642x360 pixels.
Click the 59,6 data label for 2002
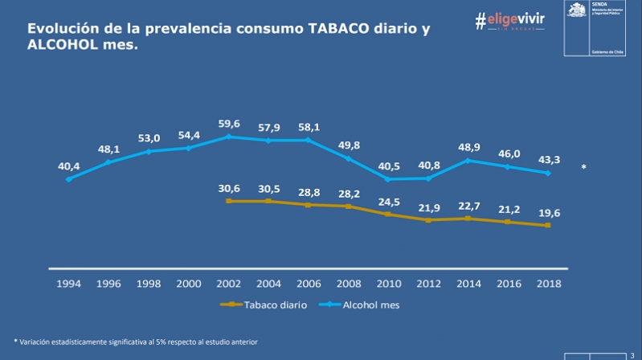[x=229, y=124]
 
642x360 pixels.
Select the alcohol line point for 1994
[x=68, y=179]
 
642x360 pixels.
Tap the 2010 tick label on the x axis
[x=388, y=284]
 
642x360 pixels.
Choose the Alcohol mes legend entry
[x=359, y=305]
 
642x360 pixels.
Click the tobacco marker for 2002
[x=229, y=201]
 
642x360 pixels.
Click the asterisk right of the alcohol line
[x=584, y=169]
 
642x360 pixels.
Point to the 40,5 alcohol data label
[x=388, y=166]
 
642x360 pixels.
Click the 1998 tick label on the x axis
[x=149, y=284]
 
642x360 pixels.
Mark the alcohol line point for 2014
[x=468, y=160]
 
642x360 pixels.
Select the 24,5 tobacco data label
[x=388, y=201]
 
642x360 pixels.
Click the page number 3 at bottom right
[x=632, y=344]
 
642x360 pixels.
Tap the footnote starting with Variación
[x=136, y=342]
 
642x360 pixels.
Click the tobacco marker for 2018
[x=547, y=226]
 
